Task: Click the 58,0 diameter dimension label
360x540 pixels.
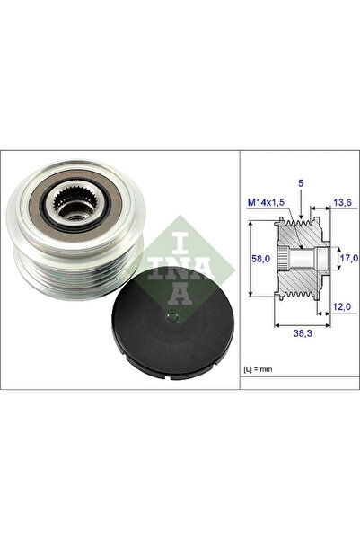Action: [261, 258]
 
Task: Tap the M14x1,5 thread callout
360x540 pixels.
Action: [266, 202]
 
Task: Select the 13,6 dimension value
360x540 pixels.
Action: [342, 202]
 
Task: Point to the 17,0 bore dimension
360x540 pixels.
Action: [349, 258]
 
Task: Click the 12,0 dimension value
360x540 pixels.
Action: [342, 306]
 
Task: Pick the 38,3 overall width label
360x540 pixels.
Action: [303, 333]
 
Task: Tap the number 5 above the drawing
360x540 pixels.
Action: [301, 183]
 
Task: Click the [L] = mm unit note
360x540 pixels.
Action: [258, 369]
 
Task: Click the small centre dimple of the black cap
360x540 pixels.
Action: [172, 315]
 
